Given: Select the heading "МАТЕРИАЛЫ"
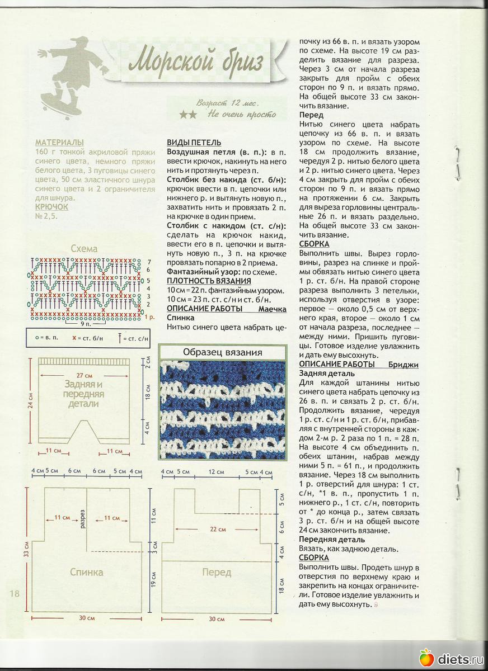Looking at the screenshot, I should (59, 143).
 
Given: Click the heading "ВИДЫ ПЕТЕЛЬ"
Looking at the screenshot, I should (194, 143).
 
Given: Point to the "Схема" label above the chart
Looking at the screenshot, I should (84, 249).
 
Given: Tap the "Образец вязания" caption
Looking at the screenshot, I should (223, 352).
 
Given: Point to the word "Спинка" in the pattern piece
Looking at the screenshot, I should (86, 572).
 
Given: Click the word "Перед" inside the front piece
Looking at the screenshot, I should (217, 572).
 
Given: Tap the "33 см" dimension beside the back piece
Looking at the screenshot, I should (26, 551).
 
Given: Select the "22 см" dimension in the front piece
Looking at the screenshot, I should (218, 528).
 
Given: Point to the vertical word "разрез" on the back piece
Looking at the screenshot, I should (82, 518).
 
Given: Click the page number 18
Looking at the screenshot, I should (14, 593).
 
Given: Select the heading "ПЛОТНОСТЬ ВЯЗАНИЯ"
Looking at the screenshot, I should (209, 281).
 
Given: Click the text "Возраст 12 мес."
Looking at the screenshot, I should (227, 103).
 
